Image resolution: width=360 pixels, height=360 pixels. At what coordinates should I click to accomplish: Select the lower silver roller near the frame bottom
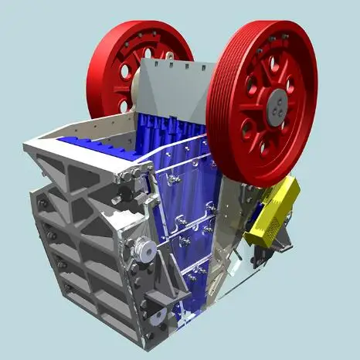click(155, 317)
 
